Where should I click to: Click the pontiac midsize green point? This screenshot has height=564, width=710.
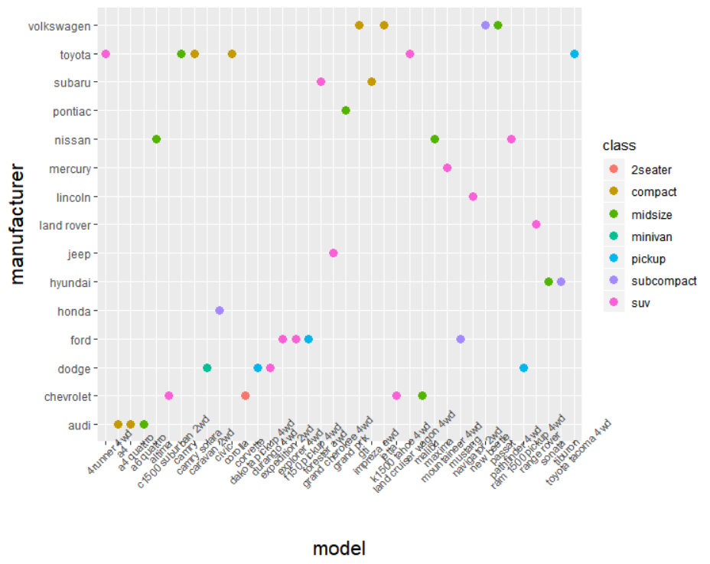(346, 110)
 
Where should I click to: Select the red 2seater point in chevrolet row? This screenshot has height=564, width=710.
(245, 396)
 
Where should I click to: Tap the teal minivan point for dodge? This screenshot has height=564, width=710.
(207, 368)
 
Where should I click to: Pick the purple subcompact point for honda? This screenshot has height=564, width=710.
(220, 311)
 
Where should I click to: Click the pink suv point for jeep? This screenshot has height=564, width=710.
(333, 253)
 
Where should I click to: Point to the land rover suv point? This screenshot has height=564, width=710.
(536, 224)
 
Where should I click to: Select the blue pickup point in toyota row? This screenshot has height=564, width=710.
(575, 54)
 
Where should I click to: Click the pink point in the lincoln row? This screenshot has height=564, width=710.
(473, 197)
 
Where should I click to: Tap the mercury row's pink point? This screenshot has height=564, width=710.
(447, 168)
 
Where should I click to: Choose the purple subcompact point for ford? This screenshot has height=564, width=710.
(460, 339)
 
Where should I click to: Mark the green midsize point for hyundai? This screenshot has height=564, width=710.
(549, 282)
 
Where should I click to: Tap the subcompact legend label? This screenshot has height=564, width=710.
(663, 282)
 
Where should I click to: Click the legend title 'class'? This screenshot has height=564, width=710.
(619, 145)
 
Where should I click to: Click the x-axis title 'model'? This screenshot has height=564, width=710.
(339, 548)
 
